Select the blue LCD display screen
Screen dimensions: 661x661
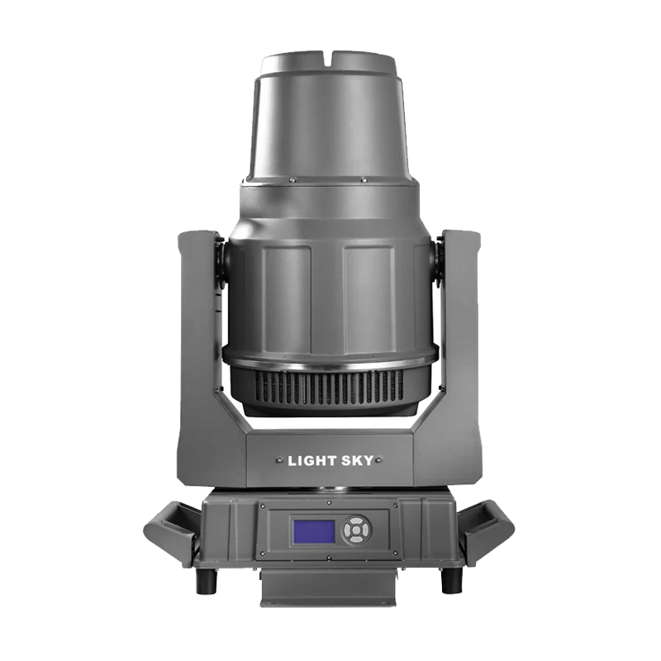[314, 532]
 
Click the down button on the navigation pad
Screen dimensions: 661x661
[356, 539]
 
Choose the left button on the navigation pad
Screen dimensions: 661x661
[348, 530]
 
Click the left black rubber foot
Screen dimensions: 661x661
[206, 580]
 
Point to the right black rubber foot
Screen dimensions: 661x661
[451, 580]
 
